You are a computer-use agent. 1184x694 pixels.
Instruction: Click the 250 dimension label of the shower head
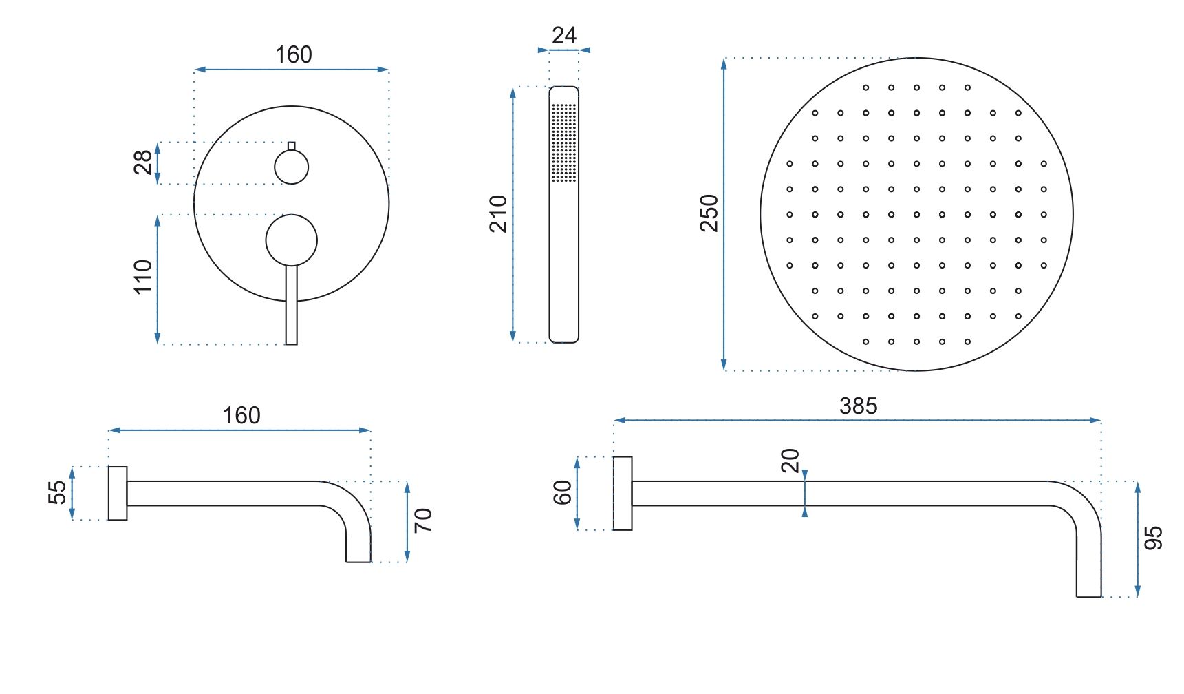(709, 213)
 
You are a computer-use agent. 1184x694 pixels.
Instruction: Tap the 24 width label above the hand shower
(564, 35)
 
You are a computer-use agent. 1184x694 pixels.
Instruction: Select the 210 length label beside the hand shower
(498, 214)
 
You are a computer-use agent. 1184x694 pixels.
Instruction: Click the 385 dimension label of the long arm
(858, 406)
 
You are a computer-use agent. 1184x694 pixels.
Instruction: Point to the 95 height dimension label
(1153, 538)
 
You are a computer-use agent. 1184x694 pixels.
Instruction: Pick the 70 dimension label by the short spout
(423, 520)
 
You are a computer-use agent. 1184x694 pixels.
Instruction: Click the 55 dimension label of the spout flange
(58, 492)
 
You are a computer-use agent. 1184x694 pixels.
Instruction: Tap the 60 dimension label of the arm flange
(562, 493)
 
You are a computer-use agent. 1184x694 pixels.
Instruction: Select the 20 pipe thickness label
(790, 461)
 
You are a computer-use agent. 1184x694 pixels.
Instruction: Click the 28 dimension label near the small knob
(142, 162)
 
